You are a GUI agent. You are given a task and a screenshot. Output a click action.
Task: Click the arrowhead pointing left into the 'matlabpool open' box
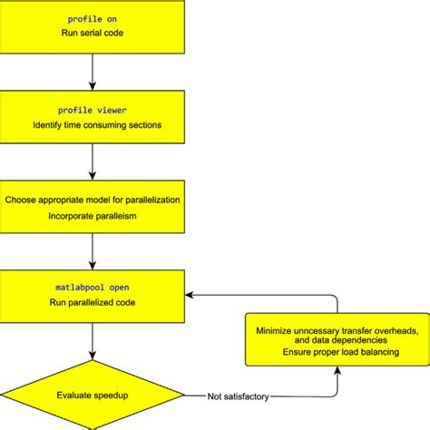(x=191, y=293)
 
